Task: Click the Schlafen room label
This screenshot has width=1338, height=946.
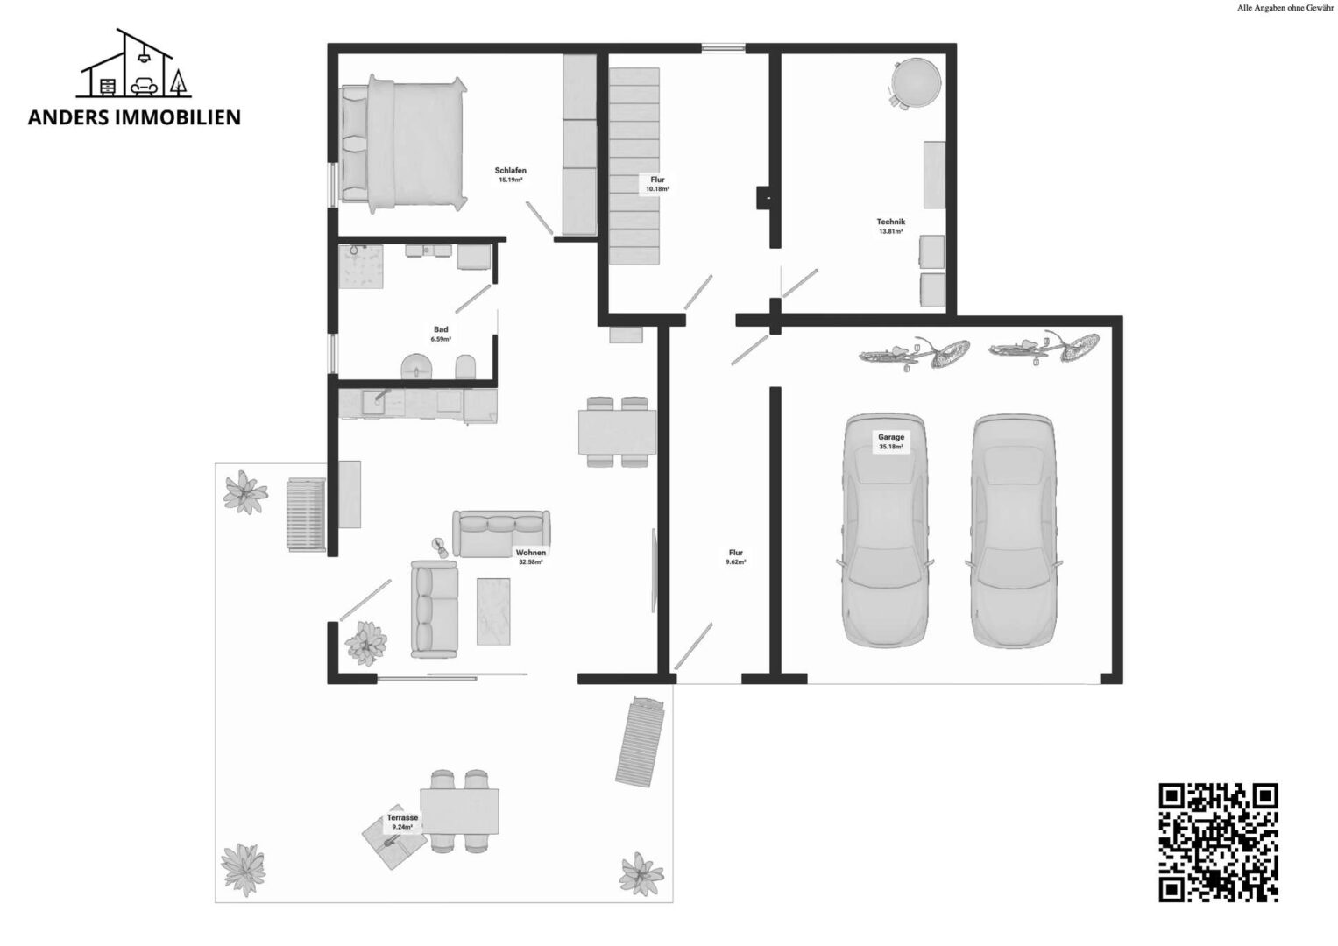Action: pos(510,170)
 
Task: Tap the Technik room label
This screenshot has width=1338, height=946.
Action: pos(890,222)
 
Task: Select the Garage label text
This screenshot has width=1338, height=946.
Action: pos(890,436)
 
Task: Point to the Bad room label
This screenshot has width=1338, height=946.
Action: pos(441,329)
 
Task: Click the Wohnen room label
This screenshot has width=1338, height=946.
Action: pos(530,553)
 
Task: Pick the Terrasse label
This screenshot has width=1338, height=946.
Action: pos(402,817)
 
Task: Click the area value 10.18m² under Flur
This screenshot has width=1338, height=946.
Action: pos(657,188)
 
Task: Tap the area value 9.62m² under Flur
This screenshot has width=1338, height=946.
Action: pos(735,562)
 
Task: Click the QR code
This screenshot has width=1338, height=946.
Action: pos(1218,842)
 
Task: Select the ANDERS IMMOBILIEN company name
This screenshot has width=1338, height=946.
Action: pos(134,117)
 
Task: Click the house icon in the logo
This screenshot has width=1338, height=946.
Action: pos(133,63)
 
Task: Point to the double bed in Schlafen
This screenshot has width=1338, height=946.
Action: pos(403,144)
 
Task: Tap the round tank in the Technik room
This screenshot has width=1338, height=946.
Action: pos(916,82)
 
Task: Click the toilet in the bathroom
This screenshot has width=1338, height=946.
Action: pos(466,367)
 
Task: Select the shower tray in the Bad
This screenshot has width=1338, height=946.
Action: pos(361,266)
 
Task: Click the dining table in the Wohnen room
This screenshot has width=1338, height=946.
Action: pos(617,432)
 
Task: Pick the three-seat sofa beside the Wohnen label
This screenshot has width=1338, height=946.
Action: pos(501,533)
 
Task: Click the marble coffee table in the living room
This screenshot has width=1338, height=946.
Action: pos(493,611)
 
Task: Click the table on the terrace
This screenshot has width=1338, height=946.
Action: pos(459,811)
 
